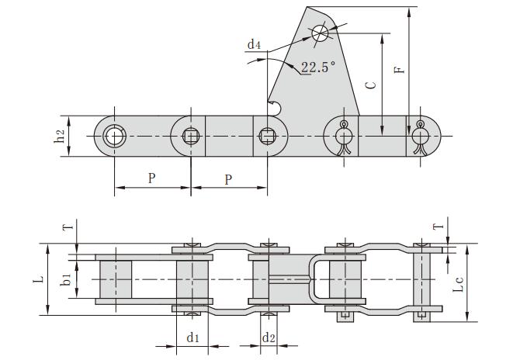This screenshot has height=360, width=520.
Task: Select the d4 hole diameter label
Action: point(254,46)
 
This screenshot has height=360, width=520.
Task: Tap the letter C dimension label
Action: point(370,85)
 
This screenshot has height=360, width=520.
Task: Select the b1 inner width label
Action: point(68,277)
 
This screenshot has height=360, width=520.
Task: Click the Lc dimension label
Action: point(459,285)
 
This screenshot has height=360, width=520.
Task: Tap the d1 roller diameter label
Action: point(193,337)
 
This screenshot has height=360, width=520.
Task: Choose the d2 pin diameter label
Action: point(268,337)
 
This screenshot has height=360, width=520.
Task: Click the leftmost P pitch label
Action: point(151,178)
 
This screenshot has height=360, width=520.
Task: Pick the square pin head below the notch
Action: point(268,137)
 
